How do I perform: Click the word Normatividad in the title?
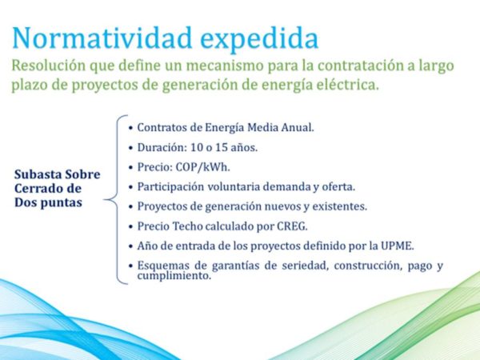point(102,38)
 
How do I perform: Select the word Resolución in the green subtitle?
point(48,66)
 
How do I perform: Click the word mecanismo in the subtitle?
point(225,66)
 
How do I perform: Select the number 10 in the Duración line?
point(197,147)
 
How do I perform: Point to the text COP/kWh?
point(202,167)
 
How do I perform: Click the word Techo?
point(187,226)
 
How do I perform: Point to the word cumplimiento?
point(174,275)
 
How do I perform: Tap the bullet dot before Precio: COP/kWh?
point(131,167)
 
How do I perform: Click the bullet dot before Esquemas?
point(131,266)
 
